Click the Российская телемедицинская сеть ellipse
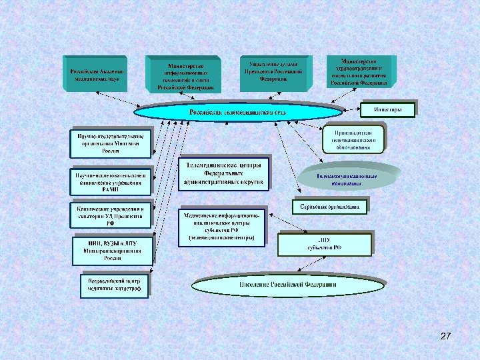(238, 112)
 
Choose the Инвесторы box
(387, 109)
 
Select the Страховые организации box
(329, 207)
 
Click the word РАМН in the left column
(110, 189)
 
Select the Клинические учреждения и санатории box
(111, 215)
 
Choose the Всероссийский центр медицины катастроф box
(113, 284)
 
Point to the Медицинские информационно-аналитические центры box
(222, 226)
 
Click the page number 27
(446, 337)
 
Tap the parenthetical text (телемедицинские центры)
(222, 237)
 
